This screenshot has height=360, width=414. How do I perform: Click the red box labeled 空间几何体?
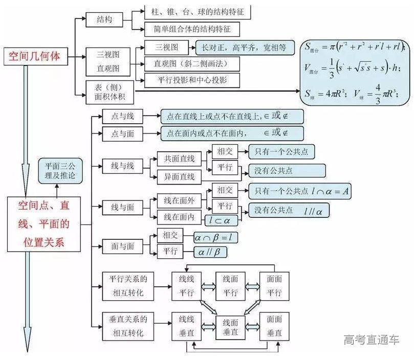coord(34,56)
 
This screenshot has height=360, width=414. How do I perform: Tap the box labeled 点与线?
coord(122,117)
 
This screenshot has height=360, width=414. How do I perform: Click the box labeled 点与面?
coord(122,133)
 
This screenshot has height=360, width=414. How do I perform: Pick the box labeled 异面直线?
coord(176,177)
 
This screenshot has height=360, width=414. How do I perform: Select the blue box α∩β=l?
coord(215,238)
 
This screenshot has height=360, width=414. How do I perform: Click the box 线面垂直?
coord(230,328)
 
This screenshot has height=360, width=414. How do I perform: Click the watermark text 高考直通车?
coord(372,340)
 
